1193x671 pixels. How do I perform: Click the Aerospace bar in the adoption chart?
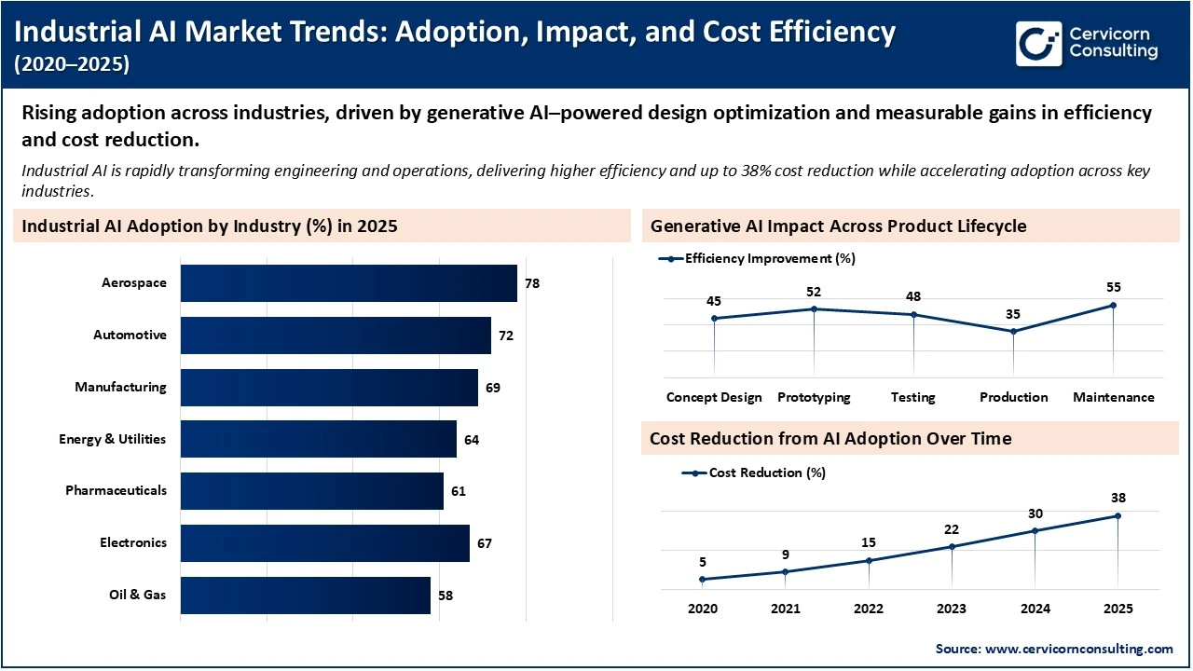pyautogui.click(x=349, y=283)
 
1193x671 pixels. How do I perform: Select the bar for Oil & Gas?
pyautogui.click(x=306, y=595)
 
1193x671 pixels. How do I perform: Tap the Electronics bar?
pyautogui.click(x=324, y=543)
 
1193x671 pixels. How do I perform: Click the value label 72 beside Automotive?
pyautogui.click(x=506, y=335)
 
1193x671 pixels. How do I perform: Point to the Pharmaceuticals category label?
pyautogui.click(x=116, y=490)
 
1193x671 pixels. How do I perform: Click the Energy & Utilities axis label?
pyautogui.click(x=112, y=439)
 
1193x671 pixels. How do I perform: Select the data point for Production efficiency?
pyautogui.click(x=1013, y=331)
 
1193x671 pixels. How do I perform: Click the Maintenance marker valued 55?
pyautogui.click(x=1113, y=305)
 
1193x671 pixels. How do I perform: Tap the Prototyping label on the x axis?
pyautogui.click(x=814, y=397)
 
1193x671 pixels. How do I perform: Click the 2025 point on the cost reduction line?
pyautogui.click(x=1118, y=515)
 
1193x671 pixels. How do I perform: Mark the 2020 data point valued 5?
pyautogui.click(x=702, y=579)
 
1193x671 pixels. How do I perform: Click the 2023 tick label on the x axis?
pyautogui.click(x=952, y=609)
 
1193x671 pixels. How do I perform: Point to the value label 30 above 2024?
pyautogui.click(x=1035, y=514)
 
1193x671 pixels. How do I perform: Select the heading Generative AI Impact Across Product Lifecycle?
pyautogui.click(x=838, y=226)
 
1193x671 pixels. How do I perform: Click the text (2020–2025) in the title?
pyautogui.click(x=74, y=64)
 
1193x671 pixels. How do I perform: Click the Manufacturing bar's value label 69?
pyautogui.click(x=493, y=388)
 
